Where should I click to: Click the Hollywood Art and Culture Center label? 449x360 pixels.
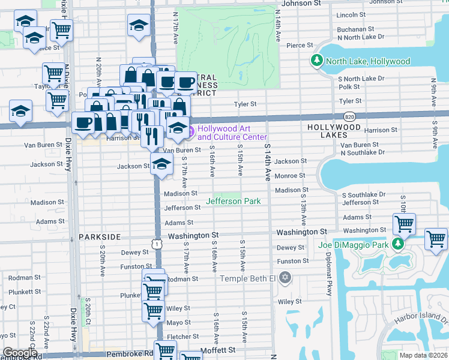pos(232,133)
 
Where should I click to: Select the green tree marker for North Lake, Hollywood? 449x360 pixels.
pos(316,61)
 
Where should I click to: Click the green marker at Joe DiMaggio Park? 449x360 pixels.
pos(396,244)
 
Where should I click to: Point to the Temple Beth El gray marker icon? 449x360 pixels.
pos(285,278)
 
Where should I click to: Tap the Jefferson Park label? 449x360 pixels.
pos(234,201)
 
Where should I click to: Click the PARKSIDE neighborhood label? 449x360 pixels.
pos(100,237)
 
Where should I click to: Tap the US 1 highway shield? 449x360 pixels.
pos(157,244)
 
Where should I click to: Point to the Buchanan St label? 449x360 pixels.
pos(356,28)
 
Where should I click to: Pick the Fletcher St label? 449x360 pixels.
pos(179,337)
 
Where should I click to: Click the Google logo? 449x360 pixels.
pos(20,353)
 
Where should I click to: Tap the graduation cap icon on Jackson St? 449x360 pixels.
pos(161,163)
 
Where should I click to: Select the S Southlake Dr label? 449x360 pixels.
pos(364,194)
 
